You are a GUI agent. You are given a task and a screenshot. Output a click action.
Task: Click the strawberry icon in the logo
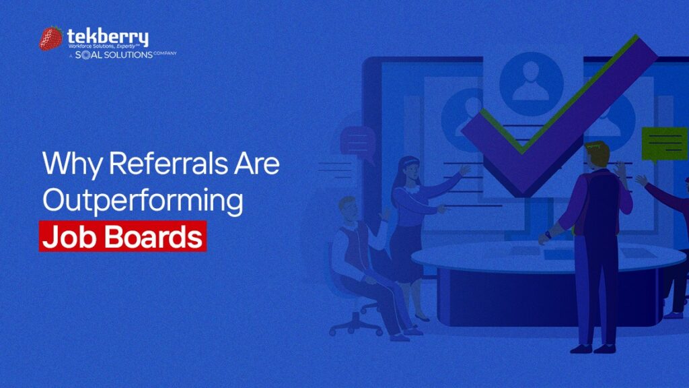[x=51, y=38]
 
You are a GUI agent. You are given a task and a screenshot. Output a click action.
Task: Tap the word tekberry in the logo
[x=108, y=36]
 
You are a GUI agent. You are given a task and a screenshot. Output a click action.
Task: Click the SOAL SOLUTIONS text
[x=114, y=55]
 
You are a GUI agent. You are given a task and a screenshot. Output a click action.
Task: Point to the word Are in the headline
[x=257, y=163]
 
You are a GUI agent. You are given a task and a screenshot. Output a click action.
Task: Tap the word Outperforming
[x=143, y=201]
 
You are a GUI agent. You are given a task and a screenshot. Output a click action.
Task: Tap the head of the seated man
[x=348, y=209]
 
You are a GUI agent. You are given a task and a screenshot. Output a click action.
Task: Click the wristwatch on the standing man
[x=548, y=235]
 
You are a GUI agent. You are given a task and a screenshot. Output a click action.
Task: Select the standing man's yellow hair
[x=598, y=150]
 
